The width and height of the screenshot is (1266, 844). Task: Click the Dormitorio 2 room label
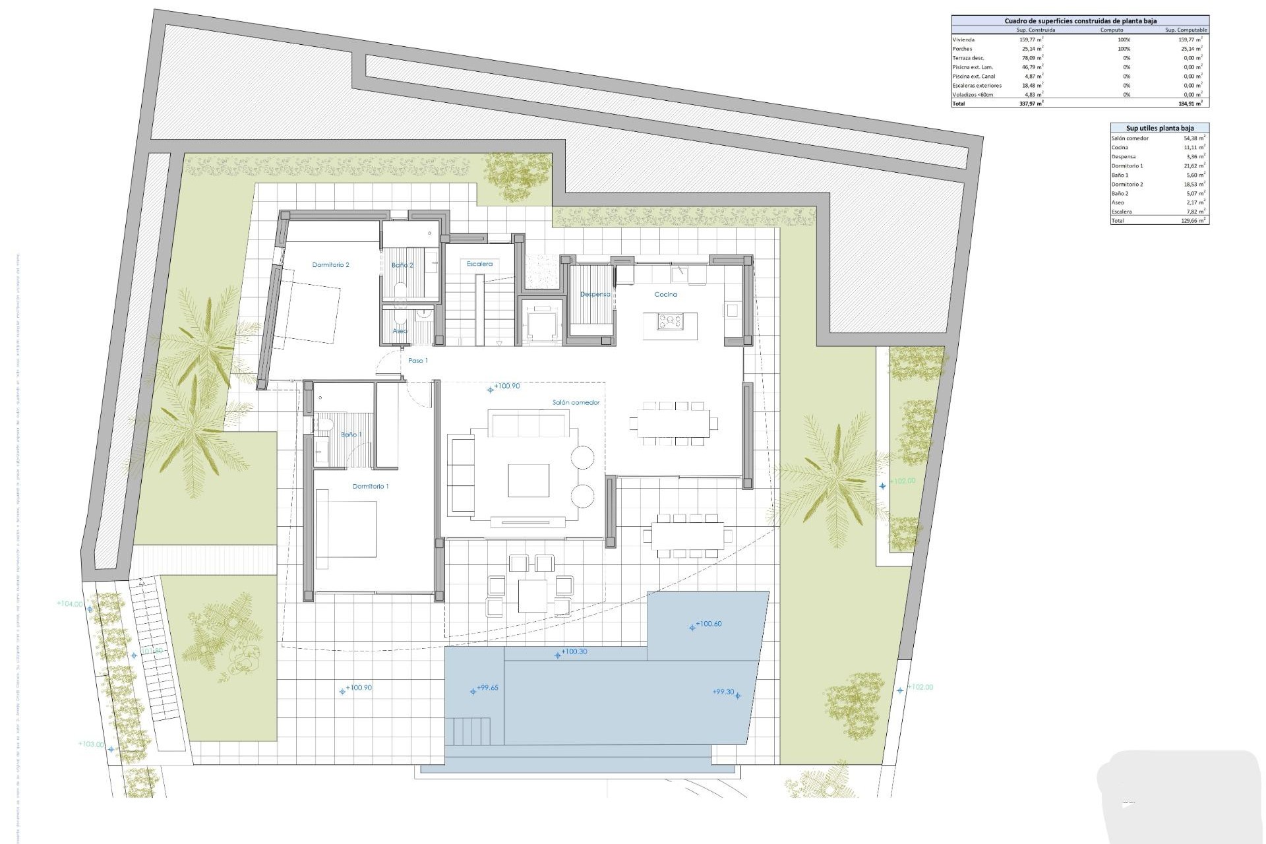tap(330, 265)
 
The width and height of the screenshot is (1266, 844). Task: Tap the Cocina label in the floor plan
tap(665, 295)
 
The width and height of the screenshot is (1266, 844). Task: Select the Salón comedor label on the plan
tap(576, 402)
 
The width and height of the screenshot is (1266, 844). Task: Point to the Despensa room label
tap(595, 294)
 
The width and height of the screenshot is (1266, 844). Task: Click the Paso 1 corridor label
tap(418, 361)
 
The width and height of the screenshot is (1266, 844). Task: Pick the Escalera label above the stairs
tap(479, 264)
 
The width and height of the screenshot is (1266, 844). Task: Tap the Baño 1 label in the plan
tap(351, 435)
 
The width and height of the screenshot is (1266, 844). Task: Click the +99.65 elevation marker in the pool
tap(487, 688)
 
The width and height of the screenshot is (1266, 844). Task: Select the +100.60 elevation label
tap(708, 624)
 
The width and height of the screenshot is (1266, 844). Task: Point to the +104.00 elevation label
tap(70, 603)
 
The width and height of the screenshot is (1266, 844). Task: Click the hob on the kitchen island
tap(670, 322)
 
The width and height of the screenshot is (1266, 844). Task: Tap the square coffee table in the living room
tap(528, 480)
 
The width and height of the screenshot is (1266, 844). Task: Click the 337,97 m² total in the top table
tap(1031, 104)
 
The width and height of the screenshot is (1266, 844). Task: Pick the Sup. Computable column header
tap(1186, 30)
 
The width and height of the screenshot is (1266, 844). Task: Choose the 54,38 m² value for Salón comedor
tap(1194, 138)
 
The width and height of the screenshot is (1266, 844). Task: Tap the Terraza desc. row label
tap(968, 58)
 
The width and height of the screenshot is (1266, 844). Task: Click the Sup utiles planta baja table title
tap(1159, 128)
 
